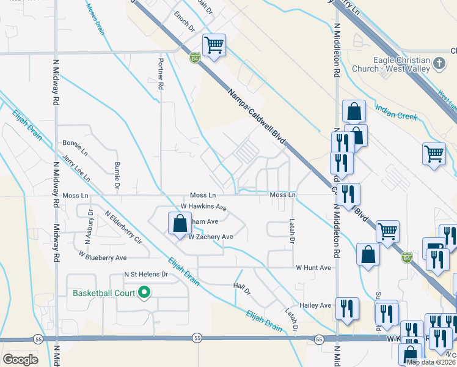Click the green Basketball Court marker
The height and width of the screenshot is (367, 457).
click(145, 293)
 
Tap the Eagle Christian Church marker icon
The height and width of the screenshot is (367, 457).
click(438, 64)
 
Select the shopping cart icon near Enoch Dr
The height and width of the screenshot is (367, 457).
click(214, 45)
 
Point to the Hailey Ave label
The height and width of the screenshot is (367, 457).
click(315, 305)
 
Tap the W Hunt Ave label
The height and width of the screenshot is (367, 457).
click(313, 268)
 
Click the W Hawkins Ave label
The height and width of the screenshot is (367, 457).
click(203, 207)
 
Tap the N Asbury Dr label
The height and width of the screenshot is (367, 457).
click(89, 228)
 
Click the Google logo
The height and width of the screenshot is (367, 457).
click(20, 359)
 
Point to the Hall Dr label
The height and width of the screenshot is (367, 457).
click(243, 289)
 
